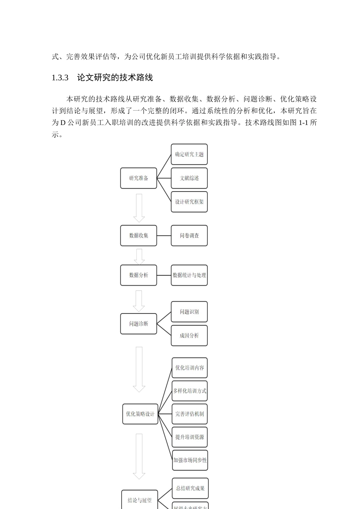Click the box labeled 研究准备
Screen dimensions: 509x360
(x=138, y=178)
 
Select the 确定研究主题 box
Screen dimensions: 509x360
(x=189, y=154)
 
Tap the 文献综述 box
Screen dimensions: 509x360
(x=189, y=178)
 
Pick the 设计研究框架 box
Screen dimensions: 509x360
(x=189, y=202)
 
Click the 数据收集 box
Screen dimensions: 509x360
(x=138, y=236)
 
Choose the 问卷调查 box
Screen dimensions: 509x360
(x=189, y=236)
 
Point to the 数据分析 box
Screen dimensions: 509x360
(x=138, y=275)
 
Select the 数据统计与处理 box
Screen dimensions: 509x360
(x=189, y=275)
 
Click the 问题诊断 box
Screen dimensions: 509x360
(x=138, y=324)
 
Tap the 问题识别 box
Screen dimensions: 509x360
(x=189, y=312)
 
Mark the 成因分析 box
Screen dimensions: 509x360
(x=189, y=336)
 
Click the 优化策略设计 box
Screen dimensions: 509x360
(x=140, y=414)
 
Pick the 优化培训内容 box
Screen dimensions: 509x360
(x=189, y=368)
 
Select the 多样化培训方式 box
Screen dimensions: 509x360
(x=189, y=391)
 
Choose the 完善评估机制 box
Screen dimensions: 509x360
(x=189, y=414)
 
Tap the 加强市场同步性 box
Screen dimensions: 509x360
(x=190, y=460)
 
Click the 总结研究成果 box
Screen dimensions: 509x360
(x=190, y=488)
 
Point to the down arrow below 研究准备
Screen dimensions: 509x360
(x=139, y=208)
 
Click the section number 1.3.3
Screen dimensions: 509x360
(x=60, y=78)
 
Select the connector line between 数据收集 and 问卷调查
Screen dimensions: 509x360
(x=164, y=236)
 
